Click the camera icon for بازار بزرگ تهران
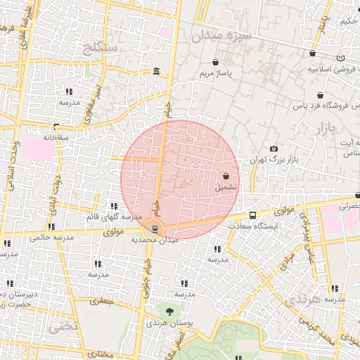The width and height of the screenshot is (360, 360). (274, 149)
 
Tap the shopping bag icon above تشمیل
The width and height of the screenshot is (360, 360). (226, 176)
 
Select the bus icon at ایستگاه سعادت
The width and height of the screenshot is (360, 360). (253, 215)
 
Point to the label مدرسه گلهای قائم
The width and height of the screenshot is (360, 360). (113, 217)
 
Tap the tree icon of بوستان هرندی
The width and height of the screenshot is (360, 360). (169, 310)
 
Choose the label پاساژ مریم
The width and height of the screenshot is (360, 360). (216, 72)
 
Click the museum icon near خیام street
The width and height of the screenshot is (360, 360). (155, 72)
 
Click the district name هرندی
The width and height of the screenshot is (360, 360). (303, 300)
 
